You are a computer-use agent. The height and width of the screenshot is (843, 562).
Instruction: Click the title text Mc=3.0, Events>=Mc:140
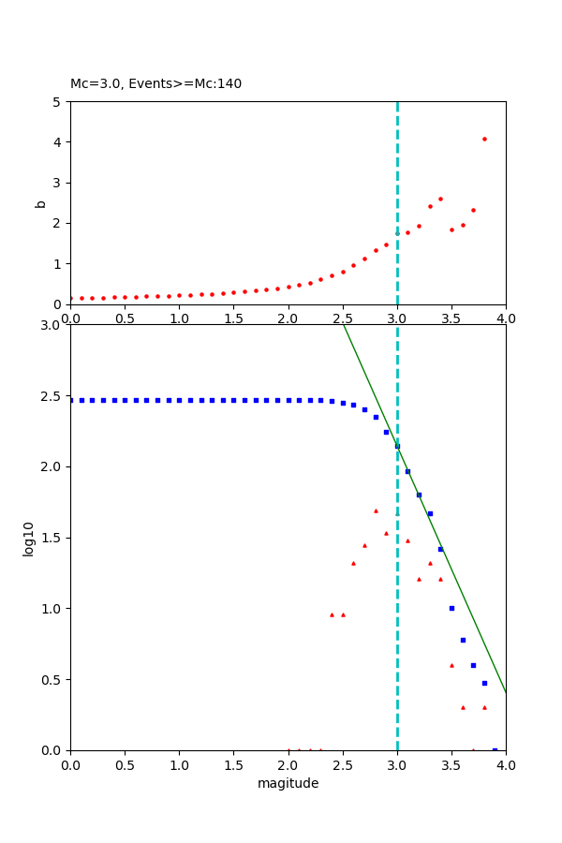[155, 83]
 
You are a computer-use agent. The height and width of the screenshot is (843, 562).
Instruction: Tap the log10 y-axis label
[29, 539]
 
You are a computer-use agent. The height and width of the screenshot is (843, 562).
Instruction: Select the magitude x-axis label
[288, 783]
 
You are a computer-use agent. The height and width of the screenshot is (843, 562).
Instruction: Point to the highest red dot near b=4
[484, 139]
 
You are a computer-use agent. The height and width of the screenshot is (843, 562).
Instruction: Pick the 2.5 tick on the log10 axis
[52, 396]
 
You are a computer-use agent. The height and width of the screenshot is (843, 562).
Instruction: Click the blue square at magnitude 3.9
[495, 749]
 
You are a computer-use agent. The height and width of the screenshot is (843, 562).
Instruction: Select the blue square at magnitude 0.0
[71, 400]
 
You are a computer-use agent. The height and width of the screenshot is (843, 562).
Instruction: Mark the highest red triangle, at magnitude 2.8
[376, 510]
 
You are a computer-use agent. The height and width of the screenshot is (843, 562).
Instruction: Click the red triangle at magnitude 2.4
[332, 614]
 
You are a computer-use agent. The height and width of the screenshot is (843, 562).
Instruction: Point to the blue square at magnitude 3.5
[451, 608]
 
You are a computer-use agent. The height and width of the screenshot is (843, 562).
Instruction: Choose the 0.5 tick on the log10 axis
[52, 679]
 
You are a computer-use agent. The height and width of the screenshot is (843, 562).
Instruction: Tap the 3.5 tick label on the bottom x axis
[451, 764]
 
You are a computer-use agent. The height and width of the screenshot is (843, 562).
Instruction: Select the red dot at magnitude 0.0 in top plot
[71, 298]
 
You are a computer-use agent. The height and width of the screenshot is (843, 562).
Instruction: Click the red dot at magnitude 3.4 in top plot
[440, 199]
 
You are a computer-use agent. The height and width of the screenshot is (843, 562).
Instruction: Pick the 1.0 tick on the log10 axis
[52, 609]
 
